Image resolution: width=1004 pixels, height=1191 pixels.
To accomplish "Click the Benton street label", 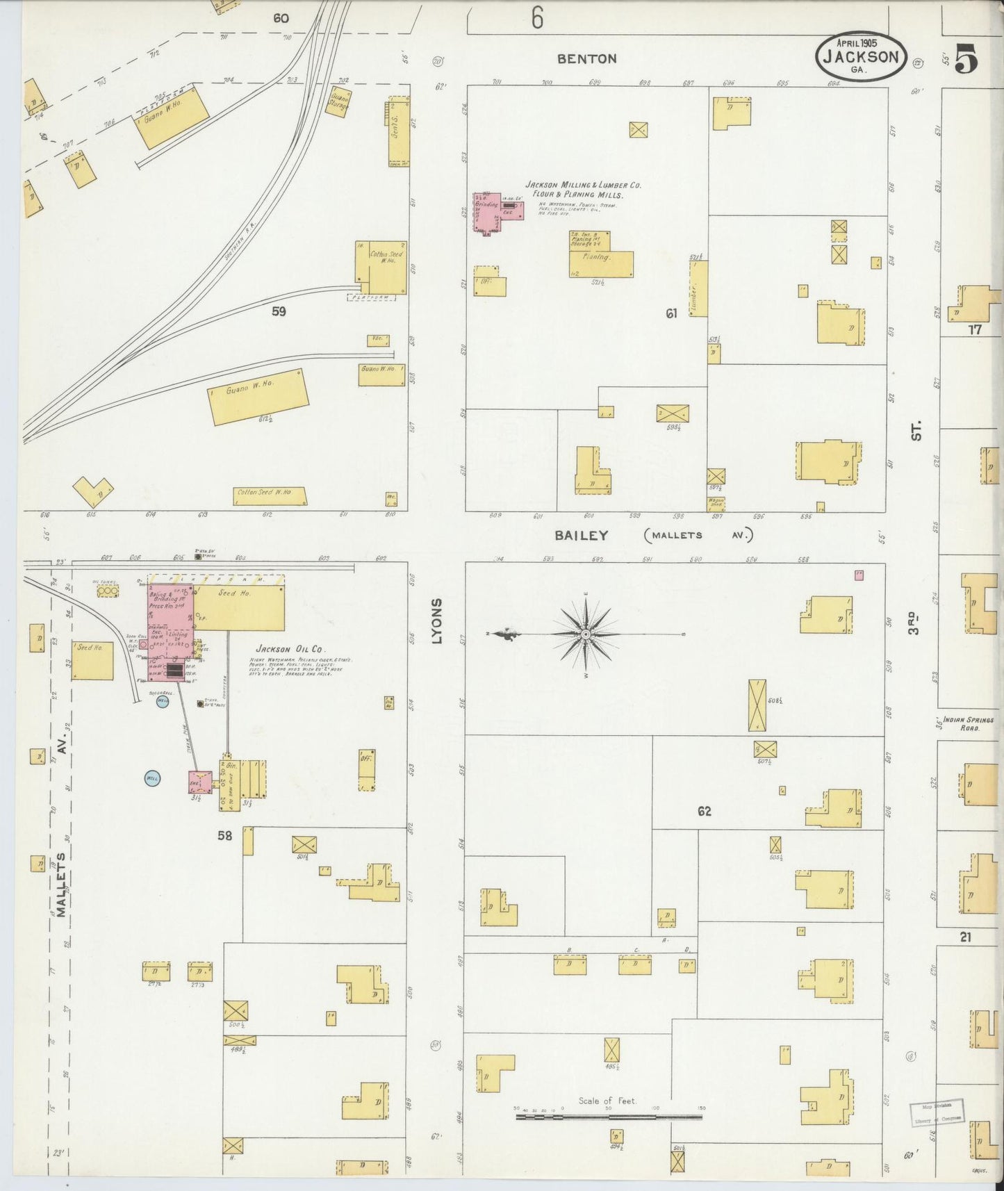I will pyautogui.click(x=587, y=59).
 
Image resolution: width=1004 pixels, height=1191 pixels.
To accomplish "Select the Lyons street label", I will pyautogui.click(x=437, y=621).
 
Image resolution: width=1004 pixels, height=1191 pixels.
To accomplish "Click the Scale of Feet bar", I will pyautogui.click(x=609, y=1117).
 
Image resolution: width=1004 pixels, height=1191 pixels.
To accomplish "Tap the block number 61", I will pyautogui.click(x=670, y=314).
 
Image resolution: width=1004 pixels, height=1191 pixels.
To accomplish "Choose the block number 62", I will pyautogui.click(x=704, y=811).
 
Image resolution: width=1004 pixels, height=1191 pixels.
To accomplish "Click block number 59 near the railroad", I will pyautogui.click(x=279, y=312).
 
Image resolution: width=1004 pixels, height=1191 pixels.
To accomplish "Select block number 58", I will pyautogui.click(x=224, y=836).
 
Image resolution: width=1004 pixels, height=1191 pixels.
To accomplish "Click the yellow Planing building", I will pyautogui.click(x=600, y=262).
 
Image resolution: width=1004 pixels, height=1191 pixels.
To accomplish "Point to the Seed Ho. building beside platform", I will pyautogui.click(x=240, y=607).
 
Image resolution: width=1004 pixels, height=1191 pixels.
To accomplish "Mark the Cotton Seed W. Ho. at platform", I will pyautogui.click(x=381, y=268).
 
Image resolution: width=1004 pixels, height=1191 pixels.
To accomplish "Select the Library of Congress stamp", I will pyautogui.click(x=936, y=1112).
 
